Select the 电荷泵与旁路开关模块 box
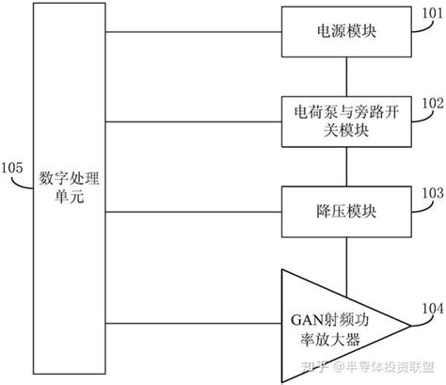[x=347, y=120]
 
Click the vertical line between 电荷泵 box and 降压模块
[x=347, y=164]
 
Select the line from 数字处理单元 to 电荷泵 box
[x=193, y=120]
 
